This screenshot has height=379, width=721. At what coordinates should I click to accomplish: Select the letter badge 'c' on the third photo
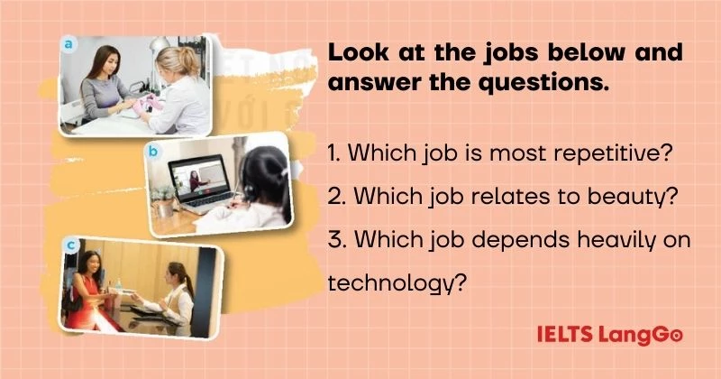tap(69, 244)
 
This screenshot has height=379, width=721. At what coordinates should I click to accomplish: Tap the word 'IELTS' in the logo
tap(564, 336)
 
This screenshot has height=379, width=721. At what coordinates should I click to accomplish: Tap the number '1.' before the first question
tap(334, 153)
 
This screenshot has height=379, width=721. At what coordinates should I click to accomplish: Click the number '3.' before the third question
tap(335, 240)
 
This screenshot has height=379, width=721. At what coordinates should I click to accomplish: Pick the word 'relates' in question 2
tap(504, 197)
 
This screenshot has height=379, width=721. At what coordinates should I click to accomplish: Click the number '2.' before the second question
tap(336, 197)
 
